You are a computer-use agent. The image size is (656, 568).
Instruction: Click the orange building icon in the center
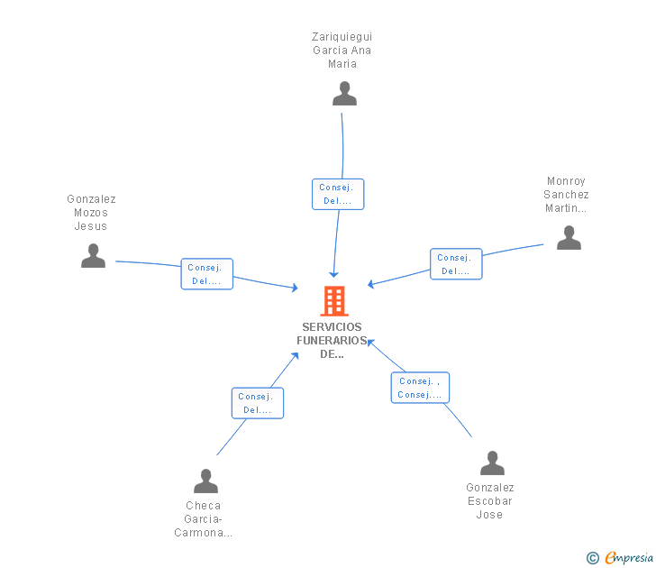click(334, 300)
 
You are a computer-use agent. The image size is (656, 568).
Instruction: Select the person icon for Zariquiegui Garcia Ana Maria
click(344, 94)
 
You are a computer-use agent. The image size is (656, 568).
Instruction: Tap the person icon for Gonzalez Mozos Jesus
click(93, 255)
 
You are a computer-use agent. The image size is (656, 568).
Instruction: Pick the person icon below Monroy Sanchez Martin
click(569, 237)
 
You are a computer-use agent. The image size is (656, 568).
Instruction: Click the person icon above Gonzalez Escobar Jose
click(492, 463)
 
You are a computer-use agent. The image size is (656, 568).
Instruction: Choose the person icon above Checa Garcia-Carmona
click(205, 481)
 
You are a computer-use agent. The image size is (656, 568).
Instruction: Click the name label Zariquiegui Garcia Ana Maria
click(342, 50)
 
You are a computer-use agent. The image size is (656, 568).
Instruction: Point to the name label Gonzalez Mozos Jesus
click(91, 213)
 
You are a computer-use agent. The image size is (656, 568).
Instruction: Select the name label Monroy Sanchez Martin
click(566, 195)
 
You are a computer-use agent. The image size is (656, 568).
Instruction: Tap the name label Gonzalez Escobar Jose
click(490, 501)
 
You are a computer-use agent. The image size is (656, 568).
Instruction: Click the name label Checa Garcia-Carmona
click(204, 519)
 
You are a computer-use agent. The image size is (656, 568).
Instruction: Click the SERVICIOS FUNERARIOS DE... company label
click(332, 340)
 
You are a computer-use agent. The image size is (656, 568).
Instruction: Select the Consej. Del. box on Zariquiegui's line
click(338, 194)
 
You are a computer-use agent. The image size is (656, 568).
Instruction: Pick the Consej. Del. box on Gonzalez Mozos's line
click(207, 274)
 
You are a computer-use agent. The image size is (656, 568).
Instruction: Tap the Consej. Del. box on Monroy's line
click(457, 263)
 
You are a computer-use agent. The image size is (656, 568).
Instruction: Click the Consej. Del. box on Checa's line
click(258, 403)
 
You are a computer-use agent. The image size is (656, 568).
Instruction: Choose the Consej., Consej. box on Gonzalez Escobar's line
click(420, 388)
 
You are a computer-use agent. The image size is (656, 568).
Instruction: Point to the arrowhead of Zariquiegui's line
click(333, 275)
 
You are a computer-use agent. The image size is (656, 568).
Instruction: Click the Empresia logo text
click(629, 557)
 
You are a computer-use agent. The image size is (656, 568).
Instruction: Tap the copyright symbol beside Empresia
click(593, 558)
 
